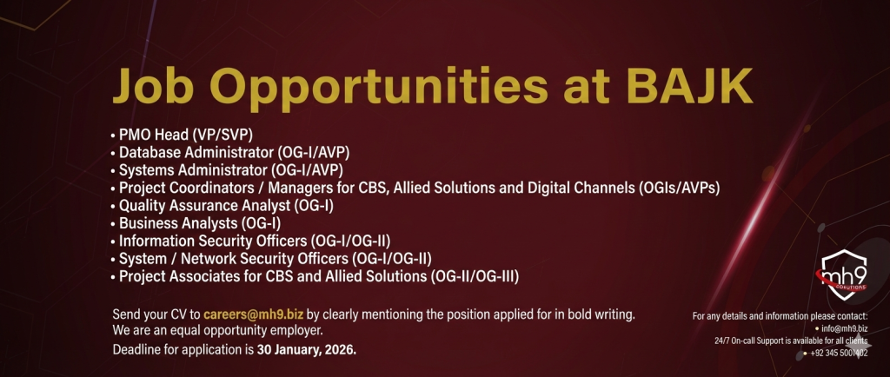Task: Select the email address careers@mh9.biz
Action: click(253, 314)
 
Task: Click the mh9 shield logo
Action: click(845, 274)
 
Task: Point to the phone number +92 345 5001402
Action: click(839, 354)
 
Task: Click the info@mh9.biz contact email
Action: click(845, 328)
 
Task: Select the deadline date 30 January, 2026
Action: click(307, 349)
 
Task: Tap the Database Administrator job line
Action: click(230, 153)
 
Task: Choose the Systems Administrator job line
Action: click(227, 170)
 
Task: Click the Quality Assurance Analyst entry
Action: click(222, 206)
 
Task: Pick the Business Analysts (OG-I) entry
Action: click(196, 223)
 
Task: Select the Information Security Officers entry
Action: click(251, 241)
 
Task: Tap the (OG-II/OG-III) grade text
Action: click(475, 276)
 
